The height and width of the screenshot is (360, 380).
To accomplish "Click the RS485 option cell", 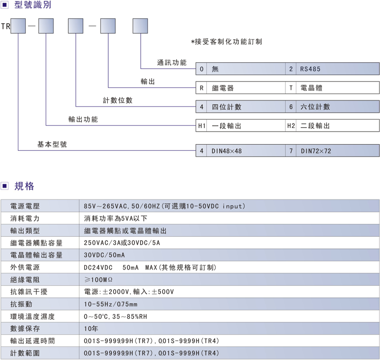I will [x=311, y=69].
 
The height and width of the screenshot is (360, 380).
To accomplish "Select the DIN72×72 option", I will [x=316, y=151].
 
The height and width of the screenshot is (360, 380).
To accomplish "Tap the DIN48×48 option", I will [x=227, y=151].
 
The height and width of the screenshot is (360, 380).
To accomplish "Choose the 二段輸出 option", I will [x=315, y=126].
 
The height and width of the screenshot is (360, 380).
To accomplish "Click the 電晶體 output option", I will [x=311, y=88].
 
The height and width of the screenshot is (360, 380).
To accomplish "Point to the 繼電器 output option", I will [x=223, y=88].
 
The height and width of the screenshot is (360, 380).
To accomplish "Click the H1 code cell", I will [x=202, y=126].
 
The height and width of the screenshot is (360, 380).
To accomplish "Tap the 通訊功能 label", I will [x=172, y=63].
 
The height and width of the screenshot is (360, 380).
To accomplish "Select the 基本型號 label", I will [x=52, y=144].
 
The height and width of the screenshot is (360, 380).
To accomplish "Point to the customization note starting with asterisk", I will [x=226, y=42].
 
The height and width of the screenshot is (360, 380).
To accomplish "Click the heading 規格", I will [x=24, y=186].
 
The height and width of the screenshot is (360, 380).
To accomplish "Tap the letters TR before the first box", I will [x=5, y=26].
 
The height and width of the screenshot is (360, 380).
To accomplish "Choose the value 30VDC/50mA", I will [x=104, y=255].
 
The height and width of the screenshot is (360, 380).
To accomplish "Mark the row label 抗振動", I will [x=21, y=304].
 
